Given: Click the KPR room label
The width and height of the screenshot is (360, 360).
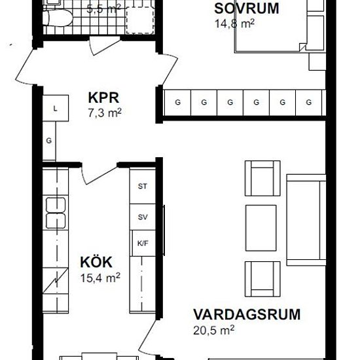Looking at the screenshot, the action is click(103, 98).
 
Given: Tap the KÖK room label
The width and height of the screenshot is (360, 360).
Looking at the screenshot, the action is click(96, 262).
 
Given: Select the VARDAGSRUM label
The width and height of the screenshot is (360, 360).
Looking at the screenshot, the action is click(247, 315).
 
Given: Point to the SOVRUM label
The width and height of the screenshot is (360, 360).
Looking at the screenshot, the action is click(247, 9).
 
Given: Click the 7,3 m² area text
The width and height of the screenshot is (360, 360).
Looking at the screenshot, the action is click(105, 113).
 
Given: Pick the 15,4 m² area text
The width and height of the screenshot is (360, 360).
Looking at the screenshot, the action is click(100, 278).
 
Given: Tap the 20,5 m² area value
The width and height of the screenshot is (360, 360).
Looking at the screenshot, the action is click(214, 331).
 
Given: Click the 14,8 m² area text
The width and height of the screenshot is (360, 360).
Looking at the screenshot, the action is click(234, 24).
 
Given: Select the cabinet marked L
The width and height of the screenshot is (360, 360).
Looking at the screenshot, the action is click(56, 109).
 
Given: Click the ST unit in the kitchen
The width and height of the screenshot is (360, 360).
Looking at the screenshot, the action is click(143, 186).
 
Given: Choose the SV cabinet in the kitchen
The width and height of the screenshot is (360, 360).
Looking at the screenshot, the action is click(143, 217).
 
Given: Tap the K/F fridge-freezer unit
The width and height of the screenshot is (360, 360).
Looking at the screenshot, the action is click(143, 243).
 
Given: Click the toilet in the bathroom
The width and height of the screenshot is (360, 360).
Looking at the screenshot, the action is click(58, 18).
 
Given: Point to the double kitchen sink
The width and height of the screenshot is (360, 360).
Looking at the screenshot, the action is click(56, 213).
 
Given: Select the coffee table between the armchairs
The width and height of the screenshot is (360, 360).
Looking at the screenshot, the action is click(261, 228).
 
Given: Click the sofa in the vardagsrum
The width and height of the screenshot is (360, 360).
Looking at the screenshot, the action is click(306, 220).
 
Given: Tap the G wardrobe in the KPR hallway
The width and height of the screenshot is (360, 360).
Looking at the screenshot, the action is click(49, 141).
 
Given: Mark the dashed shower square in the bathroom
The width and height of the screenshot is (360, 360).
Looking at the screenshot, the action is click(140, 20).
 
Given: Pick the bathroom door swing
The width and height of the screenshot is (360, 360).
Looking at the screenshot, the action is click(105, 46).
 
